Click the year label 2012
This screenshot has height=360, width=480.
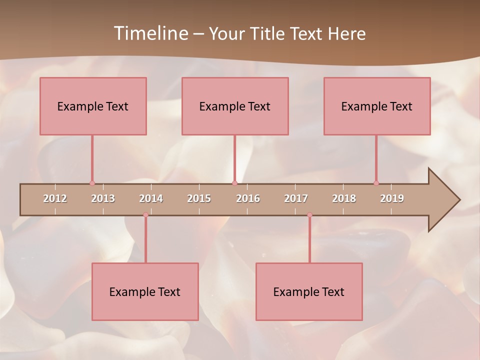[x=55, y=198]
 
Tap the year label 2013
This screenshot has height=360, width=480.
[x=103, y=198]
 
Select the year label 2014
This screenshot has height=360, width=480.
[x=151, y=198]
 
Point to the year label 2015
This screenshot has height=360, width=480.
[x=199, y=198]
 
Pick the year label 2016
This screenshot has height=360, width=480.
[x=248, y=198]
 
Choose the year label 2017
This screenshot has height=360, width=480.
[x=296, y=198]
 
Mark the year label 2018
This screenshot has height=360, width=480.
[x=344, y=198]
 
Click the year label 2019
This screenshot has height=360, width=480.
[x=392, y=198]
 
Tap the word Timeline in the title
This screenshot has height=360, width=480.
[x=150, y=33]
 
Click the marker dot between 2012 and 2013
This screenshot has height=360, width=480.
[x=92, y=183]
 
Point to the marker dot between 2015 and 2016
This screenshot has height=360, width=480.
[x=234, y=183]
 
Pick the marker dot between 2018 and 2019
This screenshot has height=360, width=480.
[x=376, y=183]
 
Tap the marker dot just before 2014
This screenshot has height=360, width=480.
[x=145, y=215]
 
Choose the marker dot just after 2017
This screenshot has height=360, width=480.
[x=309, y=215]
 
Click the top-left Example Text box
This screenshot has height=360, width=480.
[x=93, y=106]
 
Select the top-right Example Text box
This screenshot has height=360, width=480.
[x=377, y=106]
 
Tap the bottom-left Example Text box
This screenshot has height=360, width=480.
[x=145, y=291]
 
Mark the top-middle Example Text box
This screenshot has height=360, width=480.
[x=235, y=106]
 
